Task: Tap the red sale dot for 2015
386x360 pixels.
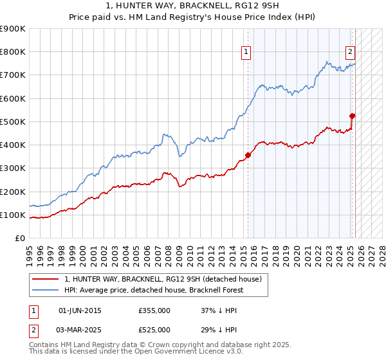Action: click(248, 155)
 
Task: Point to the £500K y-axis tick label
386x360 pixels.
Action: click(13, 122)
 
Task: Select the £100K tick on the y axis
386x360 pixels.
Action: click(13, 215)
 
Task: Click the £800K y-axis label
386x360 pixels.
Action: click(13, 51)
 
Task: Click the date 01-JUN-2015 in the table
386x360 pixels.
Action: click(80, 310)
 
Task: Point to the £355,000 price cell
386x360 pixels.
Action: click(154, 310)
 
